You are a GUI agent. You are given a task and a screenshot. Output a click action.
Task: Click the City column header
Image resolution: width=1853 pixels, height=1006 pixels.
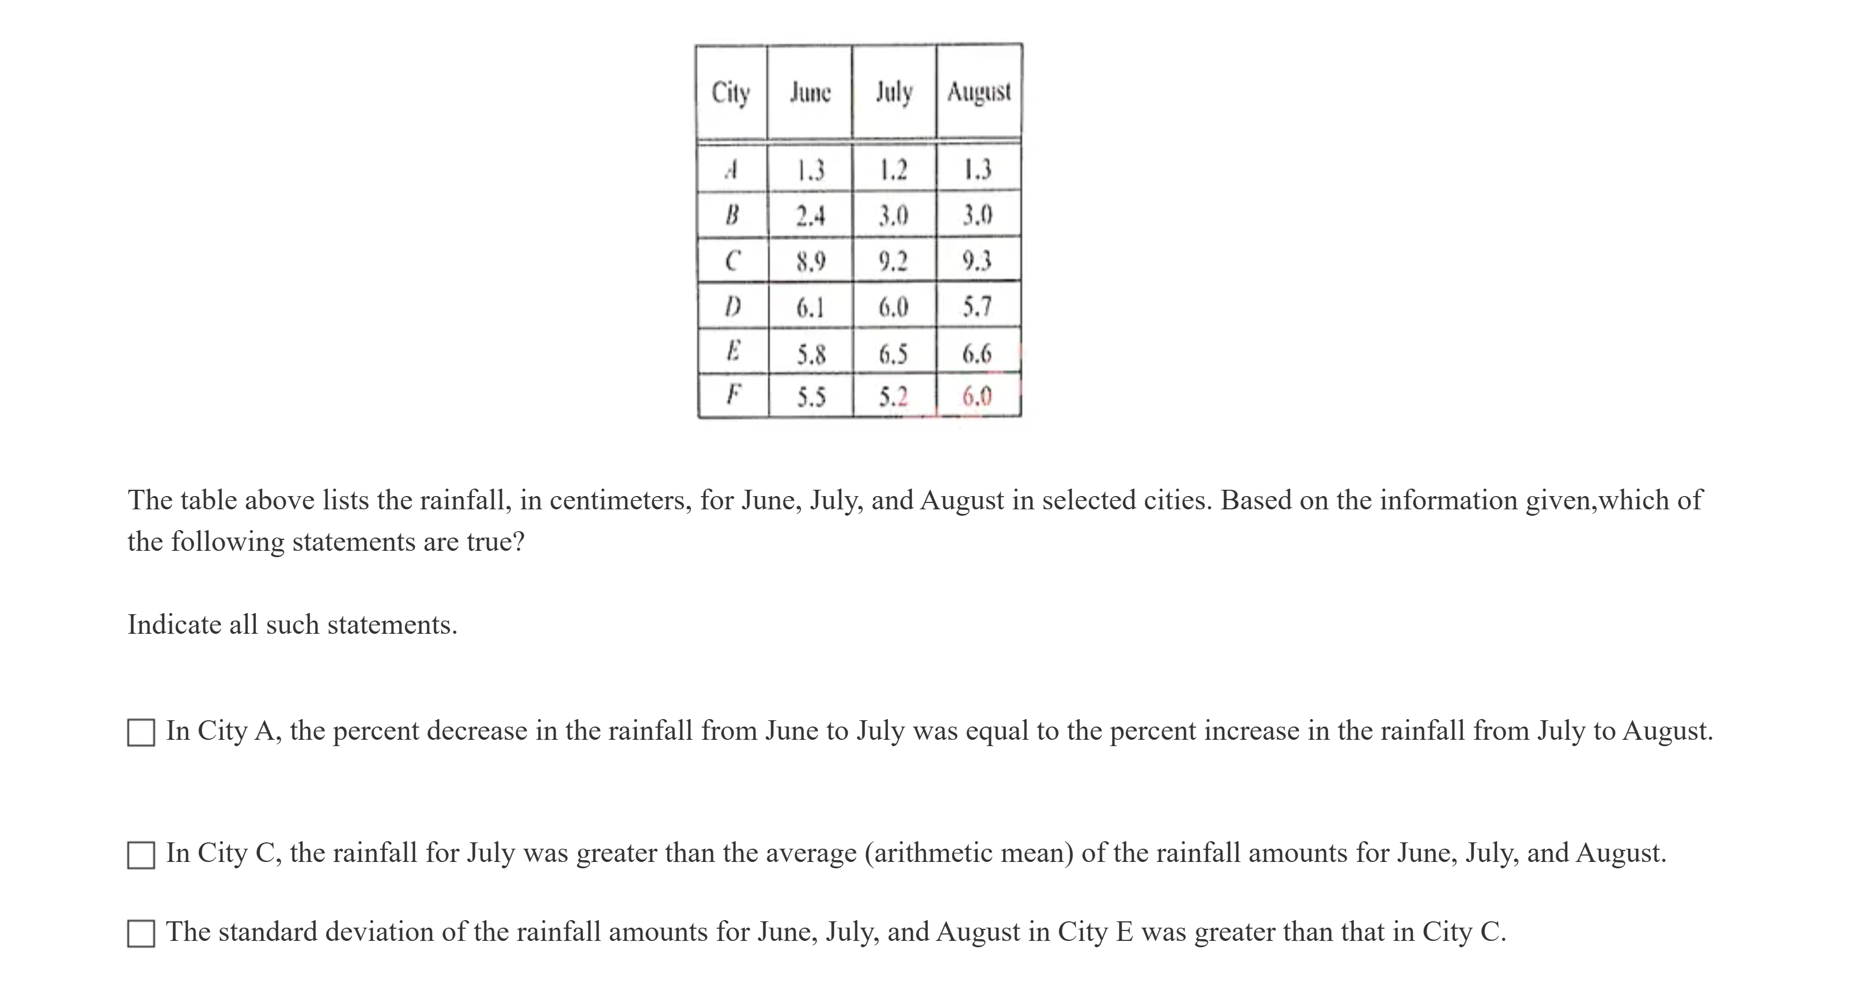click(x=731, y=93)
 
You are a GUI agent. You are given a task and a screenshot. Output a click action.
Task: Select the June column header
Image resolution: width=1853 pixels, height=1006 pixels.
click(x=810, y=93)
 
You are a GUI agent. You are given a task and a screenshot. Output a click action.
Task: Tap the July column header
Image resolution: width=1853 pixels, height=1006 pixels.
click(x=894, y=93)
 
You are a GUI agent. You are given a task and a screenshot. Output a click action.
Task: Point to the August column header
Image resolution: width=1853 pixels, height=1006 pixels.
click(x=979, y=92)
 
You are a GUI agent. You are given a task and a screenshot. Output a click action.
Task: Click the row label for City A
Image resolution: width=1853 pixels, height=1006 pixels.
click(x=732, y=170)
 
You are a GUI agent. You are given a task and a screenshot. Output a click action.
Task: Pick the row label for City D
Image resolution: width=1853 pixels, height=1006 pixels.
click(x=732, y=307)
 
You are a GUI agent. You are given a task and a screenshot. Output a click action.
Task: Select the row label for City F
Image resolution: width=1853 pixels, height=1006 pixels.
click(x=732, y=395)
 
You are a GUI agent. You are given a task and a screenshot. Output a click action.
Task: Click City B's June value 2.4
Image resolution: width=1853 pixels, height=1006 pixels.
click(x=810, y=215)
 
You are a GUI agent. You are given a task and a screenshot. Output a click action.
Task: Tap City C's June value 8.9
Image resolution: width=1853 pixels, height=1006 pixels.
click(x=810, y=261)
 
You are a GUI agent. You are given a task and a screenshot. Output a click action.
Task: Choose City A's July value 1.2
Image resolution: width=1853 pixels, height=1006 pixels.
click(x=894, y=170)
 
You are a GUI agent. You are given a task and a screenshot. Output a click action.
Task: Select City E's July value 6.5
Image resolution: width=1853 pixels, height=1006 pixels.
click(x=894, y=354)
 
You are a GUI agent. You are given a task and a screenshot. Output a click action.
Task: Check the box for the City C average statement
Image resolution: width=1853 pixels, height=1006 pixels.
click(x=141, y=855)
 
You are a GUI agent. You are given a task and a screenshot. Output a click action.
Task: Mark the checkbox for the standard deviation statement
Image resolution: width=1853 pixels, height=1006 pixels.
click(x=141, y=933)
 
